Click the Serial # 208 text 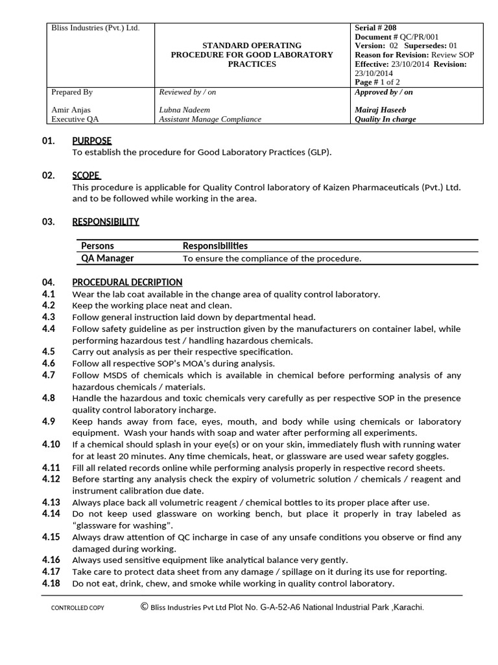pos(375,28)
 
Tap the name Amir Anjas pos(73,110)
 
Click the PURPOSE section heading pos(91,141)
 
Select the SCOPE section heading pos(86,175)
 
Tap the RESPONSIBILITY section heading pos(105,221)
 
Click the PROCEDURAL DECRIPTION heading pos(127,282)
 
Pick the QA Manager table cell pos(107,258)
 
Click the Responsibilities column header pos(215,245)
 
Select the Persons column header pos(97,245)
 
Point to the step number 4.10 pos(51,444)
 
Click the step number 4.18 pos(51,583)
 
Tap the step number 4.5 pos(49,351)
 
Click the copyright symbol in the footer pos(143,607)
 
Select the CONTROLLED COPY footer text pos(77,608)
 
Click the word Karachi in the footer pos(408,607)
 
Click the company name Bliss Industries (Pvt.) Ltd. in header pos(95,28)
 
